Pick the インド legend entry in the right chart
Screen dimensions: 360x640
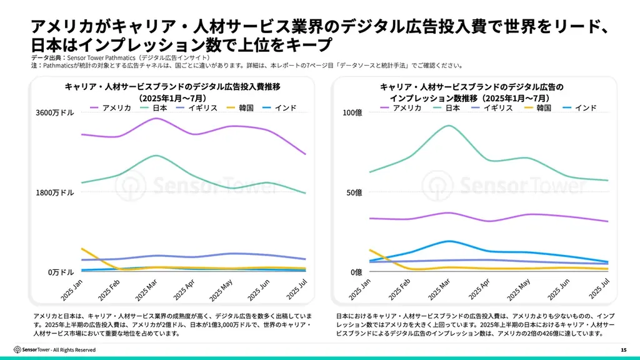point(585,108)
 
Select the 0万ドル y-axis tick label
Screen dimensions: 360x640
point(61,272)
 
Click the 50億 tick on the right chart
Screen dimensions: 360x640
point(354,192)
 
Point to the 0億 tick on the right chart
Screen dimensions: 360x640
point(356,272)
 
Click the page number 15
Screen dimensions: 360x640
point(623,349)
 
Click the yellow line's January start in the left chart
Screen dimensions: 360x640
point(82,248)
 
